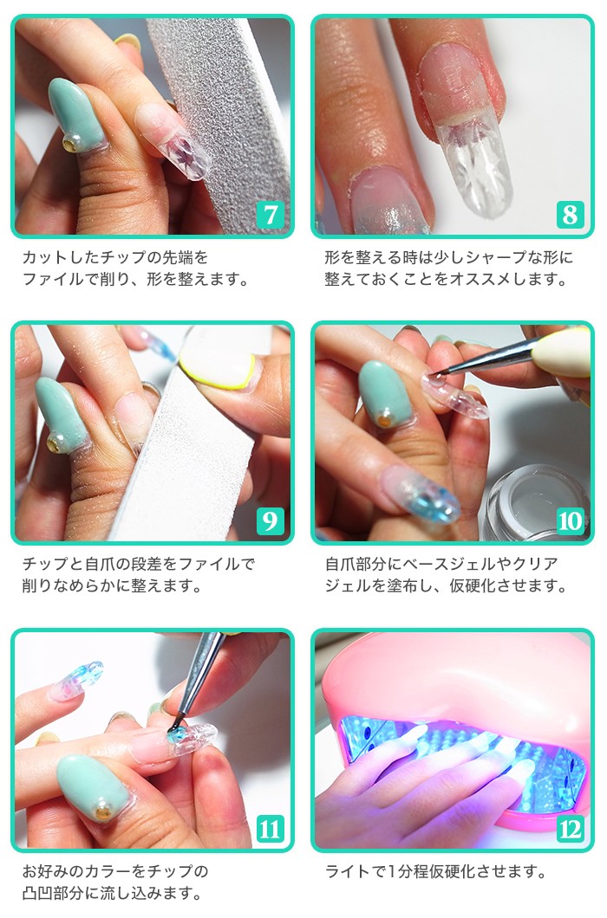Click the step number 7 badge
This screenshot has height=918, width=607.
click(x=270, y=214)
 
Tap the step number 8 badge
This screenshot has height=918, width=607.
click(x=570, y=214)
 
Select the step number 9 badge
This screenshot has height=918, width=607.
click(x=270, y=520)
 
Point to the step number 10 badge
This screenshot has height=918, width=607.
click(x=570, y=520)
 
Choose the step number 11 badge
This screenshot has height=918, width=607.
click(x=270, y=829)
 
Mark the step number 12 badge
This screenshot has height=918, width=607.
click(x=570, y=829)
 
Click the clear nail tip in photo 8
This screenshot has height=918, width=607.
click(x=473, y=165)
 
